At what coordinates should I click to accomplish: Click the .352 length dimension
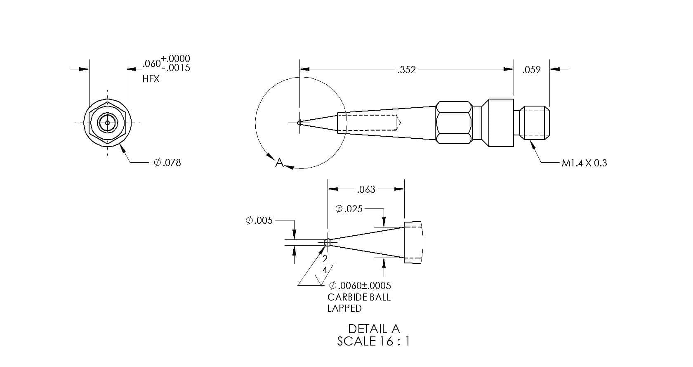[x=407, y=70]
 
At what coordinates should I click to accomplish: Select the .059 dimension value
[x=531, y=70]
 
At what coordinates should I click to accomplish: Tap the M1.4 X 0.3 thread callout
[x=585, y=163]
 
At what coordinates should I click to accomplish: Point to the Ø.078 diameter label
[x=167, y=163]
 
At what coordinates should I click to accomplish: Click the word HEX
[x=151, y=79]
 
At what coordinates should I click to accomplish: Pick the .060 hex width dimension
[x=152, y=64]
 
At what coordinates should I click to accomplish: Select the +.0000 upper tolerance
[x=175, y=59]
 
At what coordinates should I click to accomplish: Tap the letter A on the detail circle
[x=279, y=162]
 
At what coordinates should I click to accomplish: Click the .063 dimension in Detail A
[x=366, y=189]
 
